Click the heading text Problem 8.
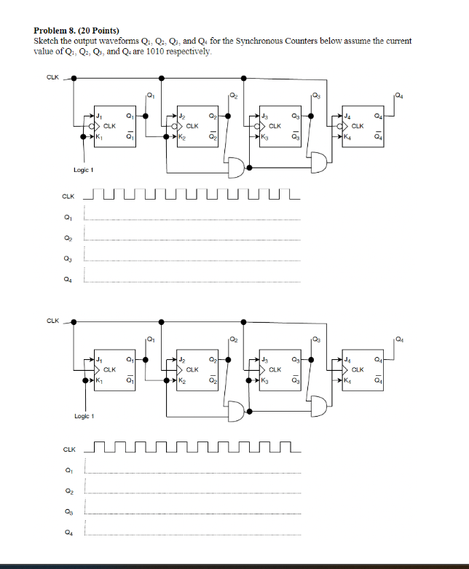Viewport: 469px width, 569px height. [x=55, y=31]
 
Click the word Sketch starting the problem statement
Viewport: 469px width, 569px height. [x=46, y=41]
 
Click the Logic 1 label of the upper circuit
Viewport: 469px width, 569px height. [x=84, y=170]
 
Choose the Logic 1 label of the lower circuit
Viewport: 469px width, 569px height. [x=84, y=416]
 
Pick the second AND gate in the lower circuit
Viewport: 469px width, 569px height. [x=318, y=405]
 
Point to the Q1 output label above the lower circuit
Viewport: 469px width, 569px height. [x=150, y=338]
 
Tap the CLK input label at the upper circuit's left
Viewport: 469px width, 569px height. [x=53, y=76]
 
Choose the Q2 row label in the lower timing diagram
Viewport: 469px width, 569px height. [x=68, y=493]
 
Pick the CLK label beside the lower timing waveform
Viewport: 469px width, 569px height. [x=68, y=450]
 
